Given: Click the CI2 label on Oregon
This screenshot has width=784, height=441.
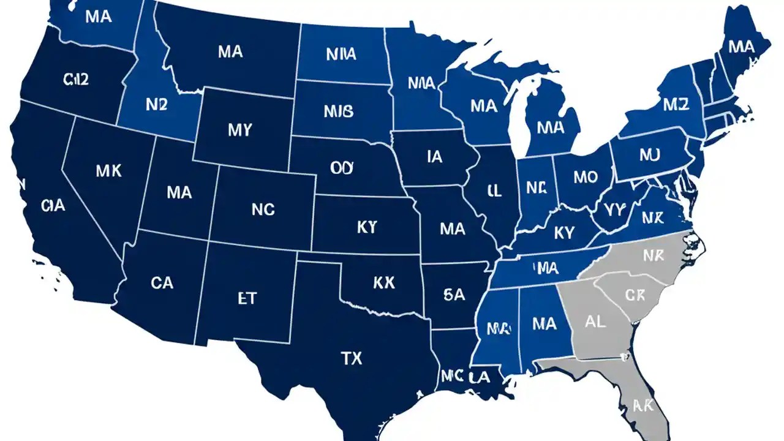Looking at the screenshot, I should pyautogui.click(x=77, y=79).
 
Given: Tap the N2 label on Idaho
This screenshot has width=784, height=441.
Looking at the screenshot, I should pyautogui.click(x=156, y=104).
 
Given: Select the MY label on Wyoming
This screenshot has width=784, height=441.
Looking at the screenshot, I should pyautogui.click(x=239, y=130).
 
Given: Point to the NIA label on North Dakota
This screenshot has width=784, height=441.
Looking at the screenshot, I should pyautogui.click(x=341, y=55).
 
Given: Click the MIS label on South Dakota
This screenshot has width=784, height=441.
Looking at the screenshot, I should pyautogui.click(x=338, y=111).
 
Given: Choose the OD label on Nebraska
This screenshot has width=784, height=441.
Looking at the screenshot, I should pyautogui.click(x=342, y=168).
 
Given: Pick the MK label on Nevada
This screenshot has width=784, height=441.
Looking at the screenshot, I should pyautogui.click(x=109, y=171).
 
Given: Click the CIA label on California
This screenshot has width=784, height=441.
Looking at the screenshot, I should pyautogui.click(x=53, y=206).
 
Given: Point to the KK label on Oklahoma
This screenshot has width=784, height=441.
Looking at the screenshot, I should pyautogui.click(x=383, y=282).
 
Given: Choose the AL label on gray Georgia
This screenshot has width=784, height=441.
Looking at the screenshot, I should pyautogui.click(x=595, y=322).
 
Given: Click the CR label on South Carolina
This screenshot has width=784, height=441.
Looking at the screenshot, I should pyautogui.click(x=635, y=295).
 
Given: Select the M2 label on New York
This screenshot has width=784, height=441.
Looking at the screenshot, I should pyautogui.click(x=676, y=105).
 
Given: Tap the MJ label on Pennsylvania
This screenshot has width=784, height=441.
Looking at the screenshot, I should pyautogui.click(x=649, y=155).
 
